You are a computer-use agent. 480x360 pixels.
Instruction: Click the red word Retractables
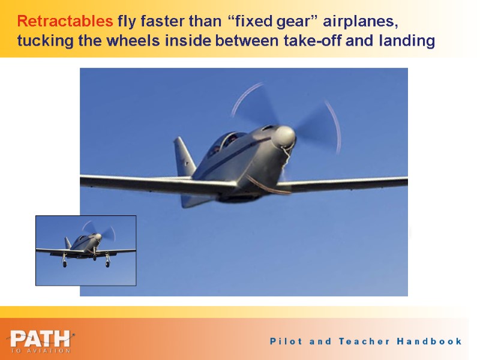click(65, 23)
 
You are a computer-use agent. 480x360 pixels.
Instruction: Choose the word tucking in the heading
click(41, 41)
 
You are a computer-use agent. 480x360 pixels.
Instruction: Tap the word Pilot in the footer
click(286, 341)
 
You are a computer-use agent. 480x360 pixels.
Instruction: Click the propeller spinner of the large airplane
click(284, 137)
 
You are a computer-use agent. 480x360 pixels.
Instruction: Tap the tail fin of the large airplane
click(184, 157)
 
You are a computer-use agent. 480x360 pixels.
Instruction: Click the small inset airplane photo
click(86, 250)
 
